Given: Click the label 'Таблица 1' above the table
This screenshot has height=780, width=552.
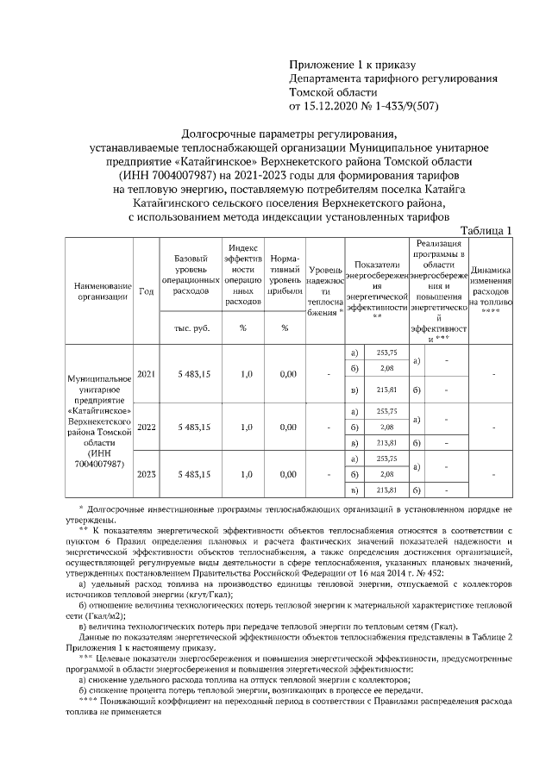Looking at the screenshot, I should (487, 230).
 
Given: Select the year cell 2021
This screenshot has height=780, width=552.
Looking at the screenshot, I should (147, 373).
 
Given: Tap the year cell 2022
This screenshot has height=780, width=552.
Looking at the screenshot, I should (147, 427).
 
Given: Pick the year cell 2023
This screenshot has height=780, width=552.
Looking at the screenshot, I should (147, 474).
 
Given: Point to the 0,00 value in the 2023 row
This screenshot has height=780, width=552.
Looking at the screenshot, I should (284, 474).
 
